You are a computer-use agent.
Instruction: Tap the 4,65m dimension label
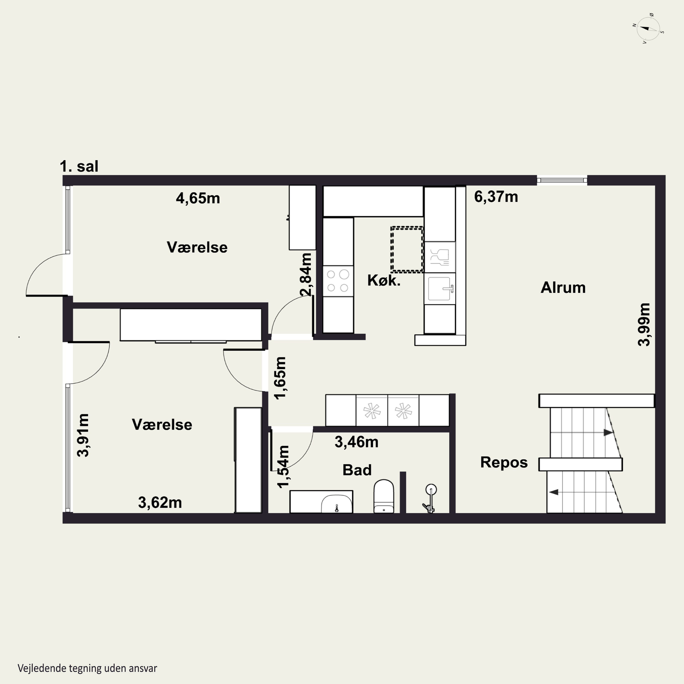pyautogui.click(x=198, y=198)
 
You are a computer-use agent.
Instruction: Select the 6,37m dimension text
pyautogui.click(x=496, y=197)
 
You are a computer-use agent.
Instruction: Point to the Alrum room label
pyautogui.click(x=563, y=288)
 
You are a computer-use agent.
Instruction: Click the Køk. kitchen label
pyautogui.click(x=384, y=280)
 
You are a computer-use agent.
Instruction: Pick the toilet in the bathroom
pyautogui.click(x=384, y=496)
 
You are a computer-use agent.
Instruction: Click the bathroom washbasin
pyautogui.click(x=337, y=503)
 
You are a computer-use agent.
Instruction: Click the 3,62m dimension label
pyautogui.click(x=160, y=502)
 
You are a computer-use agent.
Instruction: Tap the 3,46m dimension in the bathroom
pyautogui.click(x=357, y=442)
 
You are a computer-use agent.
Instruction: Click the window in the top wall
pyautogui.click(x=562, y=180)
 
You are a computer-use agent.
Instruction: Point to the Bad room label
pyautogui.click(x=357, y=470)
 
